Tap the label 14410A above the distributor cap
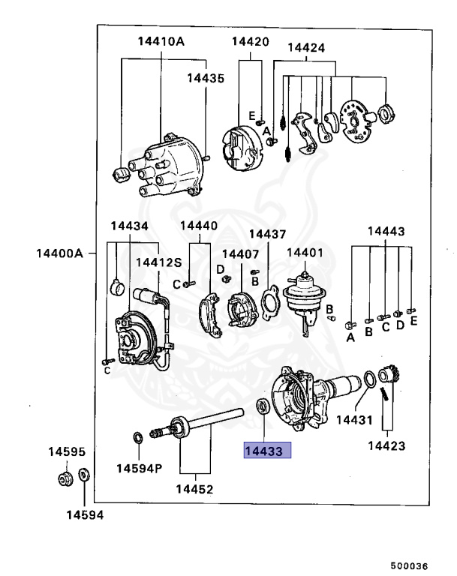[161, 41]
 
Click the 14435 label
[205, 77]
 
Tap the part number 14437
[268, 233]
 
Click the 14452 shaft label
[194, 489]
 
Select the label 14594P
[139, 468]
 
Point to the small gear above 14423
[389, 374]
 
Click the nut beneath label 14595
[65, 478]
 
